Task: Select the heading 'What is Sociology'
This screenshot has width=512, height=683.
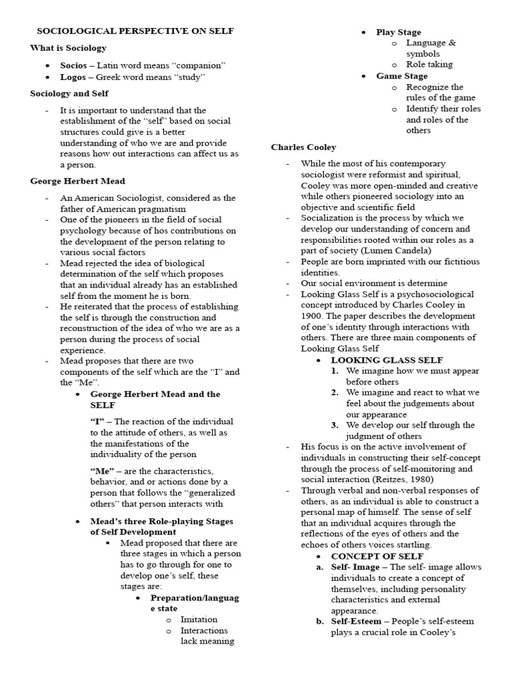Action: (68, 47)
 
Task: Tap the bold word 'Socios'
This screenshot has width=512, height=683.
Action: (73, 65)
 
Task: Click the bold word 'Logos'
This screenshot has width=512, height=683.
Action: (73, 77)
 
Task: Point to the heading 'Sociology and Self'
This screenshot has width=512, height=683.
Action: (69, 93)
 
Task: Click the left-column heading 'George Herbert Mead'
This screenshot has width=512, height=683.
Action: (77, 181)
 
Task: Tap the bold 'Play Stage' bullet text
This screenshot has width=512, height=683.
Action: (398, 32)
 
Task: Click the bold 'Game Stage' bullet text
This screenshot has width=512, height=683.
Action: (401, 76)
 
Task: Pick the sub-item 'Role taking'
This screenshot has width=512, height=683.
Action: (429, 64)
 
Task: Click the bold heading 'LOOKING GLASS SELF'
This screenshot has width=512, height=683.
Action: (377, 360)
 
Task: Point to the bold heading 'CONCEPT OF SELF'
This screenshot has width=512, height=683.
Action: (377, 556)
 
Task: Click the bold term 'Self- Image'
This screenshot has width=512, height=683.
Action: (355, 567)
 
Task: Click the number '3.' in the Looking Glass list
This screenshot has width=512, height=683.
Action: (335, 425)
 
